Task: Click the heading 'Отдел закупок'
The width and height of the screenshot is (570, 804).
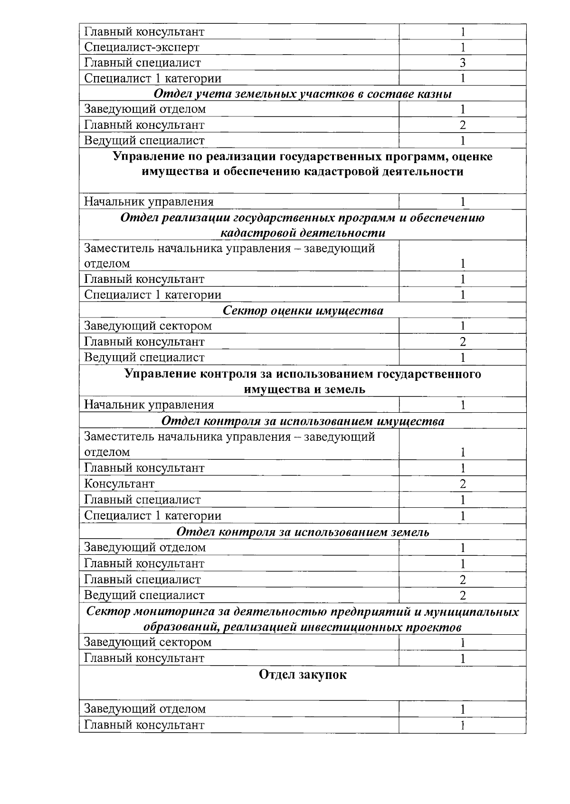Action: tap(303, 675)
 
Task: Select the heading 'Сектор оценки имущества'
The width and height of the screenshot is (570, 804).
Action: tap(303, 310)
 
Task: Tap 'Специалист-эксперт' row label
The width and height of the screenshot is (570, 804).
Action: tap(142, 47)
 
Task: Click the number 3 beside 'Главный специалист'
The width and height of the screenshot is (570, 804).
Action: tap(462, 63)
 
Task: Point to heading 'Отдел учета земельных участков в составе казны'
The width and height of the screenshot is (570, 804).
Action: tap(303, 94)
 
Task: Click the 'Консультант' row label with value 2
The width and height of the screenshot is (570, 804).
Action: tap(119, 484)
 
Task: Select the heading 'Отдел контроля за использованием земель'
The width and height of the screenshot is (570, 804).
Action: tap(303, 532)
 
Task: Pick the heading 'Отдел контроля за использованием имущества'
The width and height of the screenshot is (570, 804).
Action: tap(303, 421)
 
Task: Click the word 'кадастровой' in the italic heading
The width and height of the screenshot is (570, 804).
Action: tap(254, 233)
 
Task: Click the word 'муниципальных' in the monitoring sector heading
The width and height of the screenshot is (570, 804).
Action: tap(476, 611)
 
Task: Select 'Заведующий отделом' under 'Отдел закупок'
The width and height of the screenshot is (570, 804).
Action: tap(145, 709)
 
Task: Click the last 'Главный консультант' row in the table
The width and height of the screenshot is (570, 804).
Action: tap(144, 725)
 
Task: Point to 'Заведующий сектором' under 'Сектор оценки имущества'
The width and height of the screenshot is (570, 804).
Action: tap(148, 326)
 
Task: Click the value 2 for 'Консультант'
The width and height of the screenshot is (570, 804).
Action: tap(462, 484)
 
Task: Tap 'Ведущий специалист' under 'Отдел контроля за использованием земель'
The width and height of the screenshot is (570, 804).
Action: tap(144, 595)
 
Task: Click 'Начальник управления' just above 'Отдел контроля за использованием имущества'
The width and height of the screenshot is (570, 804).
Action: tap(149, 405)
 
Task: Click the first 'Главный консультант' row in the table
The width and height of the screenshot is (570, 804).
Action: tap(144, 32)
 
